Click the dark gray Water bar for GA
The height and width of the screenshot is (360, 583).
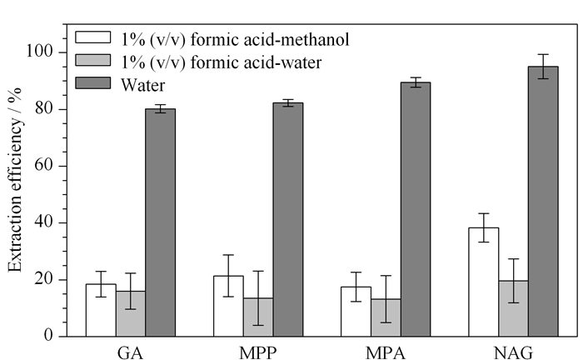(160, 222)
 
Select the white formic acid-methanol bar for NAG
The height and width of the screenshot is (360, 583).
(483, 282)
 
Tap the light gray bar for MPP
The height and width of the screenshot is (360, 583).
(258, 317)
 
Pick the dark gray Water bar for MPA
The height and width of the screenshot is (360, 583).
(416, 209)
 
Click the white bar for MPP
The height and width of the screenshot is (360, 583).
(228, 306)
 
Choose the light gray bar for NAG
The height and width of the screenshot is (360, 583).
(514, 308)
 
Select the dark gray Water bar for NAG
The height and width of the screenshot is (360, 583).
(543, 202)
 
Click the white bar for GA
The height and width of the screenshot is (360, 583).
(101, 311)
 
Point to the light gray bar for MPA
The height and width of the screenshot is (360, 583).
(386, 318)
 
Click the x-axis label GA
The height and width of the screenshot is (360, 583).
(130, 352)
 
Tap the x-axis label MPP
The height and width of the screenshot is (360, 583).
(257, 352)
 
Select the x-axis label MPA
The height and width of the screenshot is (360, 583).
(386, 352)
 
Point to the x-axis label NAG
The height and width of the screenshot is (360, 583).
(514, 352)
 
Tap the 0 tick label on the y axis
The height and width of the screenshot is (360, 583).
(48, 336)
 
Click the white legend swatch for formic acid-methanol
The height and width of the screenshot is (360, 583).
(93, 37)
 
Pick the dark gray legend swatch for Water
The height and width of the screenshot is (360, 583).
(93, 83)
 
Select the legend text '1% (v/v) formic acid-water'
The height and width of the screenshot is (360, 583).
(222, 62)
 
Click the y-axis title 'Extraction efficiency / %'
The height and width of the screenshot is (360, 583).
(16, 180)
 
